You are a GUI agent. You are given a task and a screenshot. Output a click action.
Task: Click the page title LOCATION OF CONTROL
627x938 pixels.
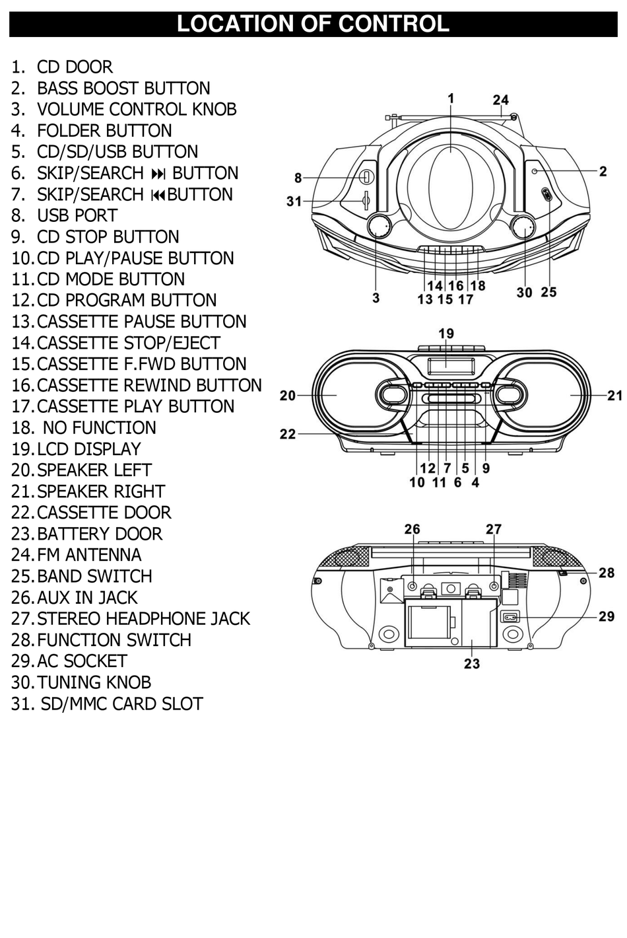[313, 24]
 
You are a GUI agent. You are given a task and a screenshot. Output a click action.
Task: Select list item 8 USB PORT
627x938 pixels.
[77, 216]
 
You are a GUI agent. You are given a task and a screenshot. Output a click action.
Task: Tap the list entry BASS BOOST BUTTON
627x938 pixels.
[123, 89]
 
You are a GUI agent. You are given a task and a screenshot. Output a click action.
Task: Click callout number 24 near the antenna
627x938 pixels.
[500, 100]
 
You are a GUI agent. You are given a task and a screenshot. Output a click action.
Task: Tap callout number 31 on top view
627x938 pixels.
[294, 201]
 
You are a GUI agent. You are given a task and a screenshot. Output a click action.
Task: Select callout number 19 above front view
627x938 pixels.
[446, 334]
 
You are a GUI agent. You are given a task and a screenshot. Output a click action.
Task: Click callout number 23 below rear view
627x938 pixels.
[471, 663]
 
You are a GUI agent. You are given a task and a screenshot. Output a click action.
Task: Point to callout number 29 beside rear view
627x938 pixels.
[606, 616]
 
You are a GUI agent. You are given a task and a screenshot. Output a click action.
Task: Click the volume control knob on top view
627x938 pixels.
[378, 227]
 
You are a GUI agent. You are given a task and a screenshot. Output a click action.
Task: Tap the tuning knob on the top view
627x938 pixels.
[525, 227]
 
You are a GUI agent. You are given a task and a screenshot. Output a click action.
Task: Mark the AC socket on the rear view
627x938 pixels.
[510, 617]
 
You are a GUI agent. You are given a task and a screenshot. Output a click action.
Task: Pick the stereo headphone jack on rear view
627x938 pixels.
[494, 586]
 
